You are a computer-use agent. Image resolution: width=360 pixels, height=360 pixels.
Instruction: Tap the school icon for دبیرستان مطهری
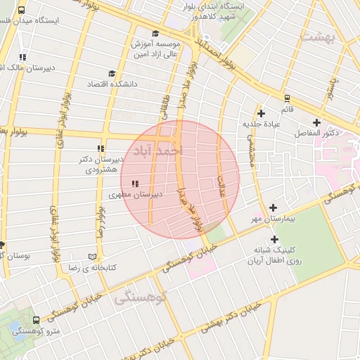pyautogui.click(x=134, y=184)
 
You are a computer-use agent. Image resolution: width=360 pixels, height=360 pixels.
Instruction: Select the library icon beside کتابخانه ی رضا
pyautogui.click(x=94, y=257)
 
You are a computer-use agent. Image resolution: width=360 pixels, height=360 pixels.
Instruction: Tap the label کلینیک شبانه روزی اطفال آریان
pyautogui.click(x=281, y=256)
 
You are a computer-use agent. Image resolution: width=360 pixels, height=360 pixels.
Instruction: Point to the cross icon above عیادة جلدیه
pyautogui.click(x=262, y=113)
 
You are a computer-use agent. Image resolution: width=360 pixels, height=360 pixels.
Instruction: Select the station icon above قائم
pyautogui.click(x=287, y=98)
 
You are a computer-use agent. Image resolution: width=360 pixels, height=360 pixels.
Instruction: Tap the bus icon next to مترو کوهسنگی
pyautogui.click(x=36, y=319)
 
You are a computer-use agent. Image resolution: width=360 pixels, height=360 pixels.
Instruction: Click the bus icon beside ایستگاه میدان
pyautogui.click(x=22, y=11)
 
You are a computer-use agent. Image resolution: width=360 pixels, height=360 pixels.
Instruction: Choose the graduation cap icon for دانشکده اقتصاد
pyautogui.click(x=111, y=73)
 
